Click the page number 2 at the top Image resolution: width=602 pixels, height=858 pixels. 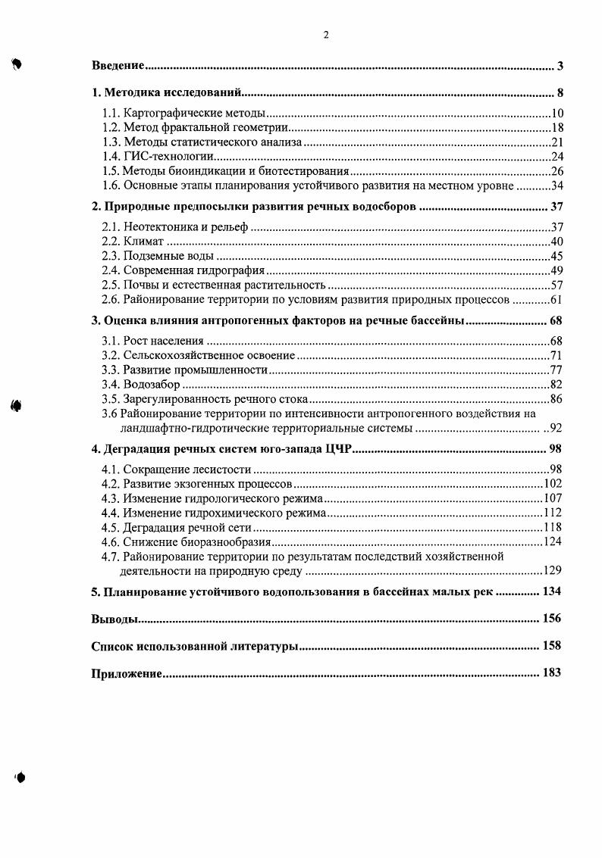click(x=325, y=34)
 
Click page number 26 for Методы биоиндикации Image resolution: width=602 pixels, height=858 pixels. click(x=557, y=171)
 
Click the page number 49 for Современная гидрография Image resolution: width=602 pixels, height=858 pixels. click(x=557, y=270)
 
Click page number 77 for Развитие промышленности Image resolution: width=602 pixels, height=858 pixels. click(x=557, y=371)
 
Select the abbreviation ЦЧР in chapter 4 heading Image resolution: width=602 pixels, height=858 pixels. click(x=338, y=450)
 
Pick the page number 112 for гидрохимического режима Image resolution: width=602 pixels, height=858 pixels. click(x=553, y=513)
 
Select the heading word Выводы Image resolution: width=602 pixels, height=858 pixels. click(x=114, y=619)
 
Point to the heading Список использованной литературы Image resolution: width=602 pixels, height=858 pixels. click(x=193, y=647)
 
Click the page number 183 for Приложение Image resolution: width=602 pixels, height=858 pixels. click(x=550, y=673)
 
